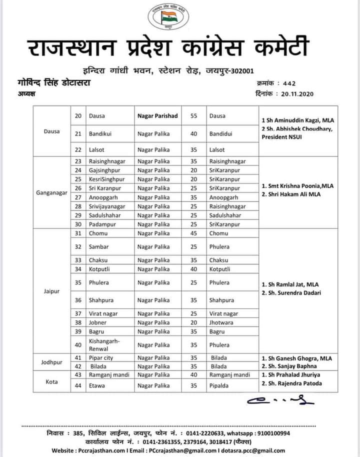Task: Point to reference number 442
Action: click(289, 83)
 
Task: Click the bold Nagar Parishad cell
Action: click(157, 116)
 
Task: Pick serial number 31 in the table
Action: click(78, 233)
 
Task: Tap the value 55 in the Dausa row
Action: click(193, 116)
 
